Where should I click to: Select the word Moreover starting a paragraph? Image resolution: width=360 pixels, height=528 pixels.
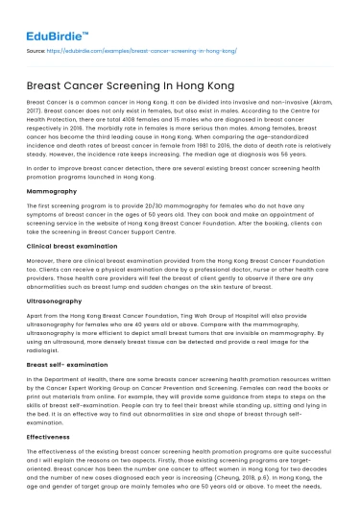click(x=43, y=261)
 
